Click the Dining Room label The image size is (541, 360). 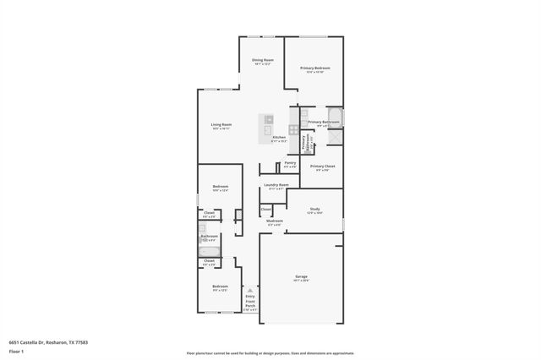click(263, 61)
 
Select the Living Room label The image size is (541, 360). click(221, 125)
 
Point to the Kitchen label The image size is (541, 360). click(278, 137)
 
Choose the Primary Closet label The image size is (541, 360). click(322, 166)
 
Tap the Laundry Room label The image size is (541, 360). click(276, 185)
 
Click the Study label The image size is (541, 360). click(314, 209)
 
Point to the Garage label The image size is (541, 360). click(301, 276)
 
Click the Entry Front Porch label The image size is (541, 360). click(250, 300)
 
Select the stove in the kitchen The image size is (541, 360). click(293, 130)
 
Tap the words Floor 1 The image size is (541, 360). click(16, 349)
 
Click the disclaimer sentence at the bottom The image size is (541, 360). click(270, 353)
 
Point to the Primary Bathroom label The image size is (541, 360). click(324, 122)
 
